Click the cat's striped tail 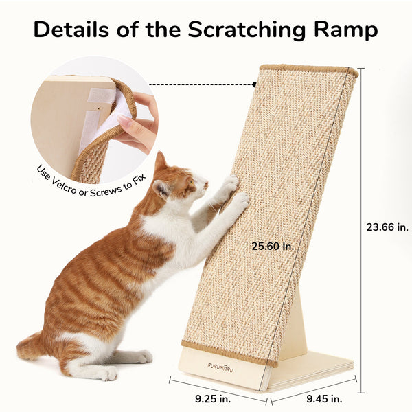pyautogui.click(x=31, y=347)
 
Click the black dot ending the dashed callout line pyautogui.click(x=253, y=84)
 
